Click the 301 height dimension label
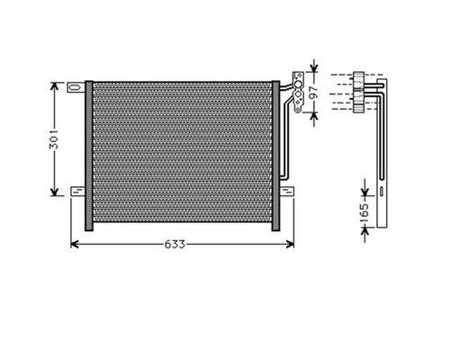pyautogui.click(x=54, y=139)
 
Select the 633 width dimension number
pyautogui.click(x=175, y=245)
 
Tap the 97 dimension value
pyautogui.click(x=313, y=93)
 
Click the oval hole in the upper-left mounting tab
pyautogui.click(x=75, y=87)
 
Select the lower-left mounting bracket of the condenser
pyautogui.click(x=77, y=192)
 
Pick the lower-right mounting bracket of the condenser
pyautogui.click(x=287, y=192)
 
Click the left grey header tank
pyautogui.click(x=89, y=156)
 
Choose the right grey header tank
pyautogui.click(x=275, y=156)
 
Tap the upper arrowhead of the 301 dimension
pyautogui.click(x=54, y=85)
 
